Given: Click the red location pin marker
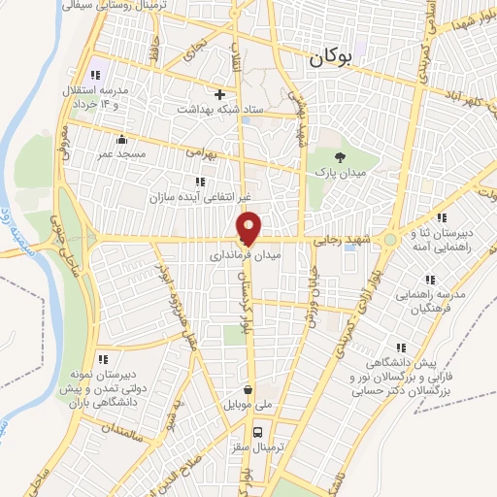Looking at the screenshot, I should (x=248, y=227).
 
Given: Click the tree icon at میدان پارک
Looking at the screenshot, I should (x=339, y=156).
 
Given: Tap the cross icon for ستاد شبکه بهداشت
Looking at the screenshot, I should (x=220, y=95).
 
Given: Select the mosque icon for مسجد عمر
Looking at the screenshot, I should (x=120, y=138).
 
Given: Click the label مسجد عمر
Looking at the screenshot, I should (x=120, y=152).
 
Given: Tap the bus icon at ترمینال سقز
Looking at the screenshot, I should (x=258, y=432).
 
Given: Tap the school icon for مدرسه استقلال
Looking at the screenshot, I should (x=95, y=76).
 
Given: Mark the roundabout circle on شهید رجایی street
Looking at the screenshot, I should (x=389, y=238).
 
